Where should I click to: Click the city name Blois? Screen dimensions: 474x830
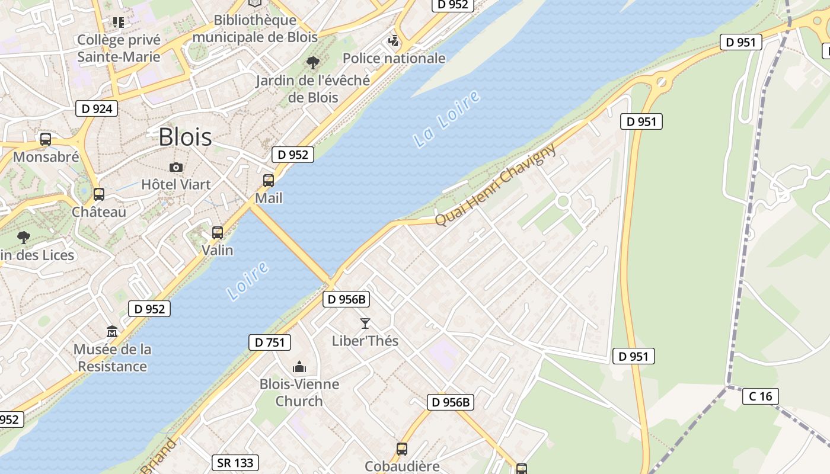pos(185,137)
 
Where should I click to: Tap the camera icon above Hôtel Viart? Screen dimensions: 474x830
pos(175,167)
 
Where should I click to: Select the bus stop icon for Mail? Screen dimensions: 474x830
pos(269,181)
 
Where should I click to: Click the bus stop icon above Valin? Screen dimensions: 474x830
pos(218,233)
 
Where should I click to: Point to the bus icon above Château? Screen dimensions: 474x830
pos(99,194)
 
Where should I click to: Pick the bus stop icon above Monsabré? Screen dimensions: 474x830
pos(46,140)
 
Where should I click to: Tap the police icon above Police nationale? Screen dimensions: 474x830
pos(394,41)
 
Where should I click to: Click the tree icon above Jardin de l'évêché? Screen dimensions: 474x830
pos(312,63)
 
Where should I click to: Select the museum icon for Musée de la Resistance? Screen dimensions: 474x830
pos(112,332)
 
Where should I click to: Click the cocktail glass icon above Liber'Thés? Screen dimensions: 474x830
pos(365,324)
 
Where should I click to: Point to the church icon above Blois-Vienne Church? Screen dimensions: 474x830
pos(299,367)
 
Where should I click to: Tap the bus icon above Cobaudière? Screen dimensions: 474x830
pos(402,449)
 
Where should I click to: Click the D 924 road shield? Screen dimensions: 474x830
pos(97,108)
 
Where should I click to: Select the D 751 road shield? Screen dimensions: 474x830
pos(270,342)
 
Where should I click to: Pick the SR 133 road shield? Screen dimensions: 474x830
pos(235,463)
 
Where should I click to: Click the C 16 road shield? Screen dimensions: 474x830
pos(761,396)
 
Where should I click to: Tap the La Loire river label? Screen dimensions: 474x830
pos(446,119)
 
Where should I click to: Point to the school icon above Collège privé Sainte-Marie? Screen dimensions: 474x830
pos(119,23)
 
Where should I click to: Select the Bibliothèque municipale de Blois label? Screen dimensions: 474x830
pos(255,28)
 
